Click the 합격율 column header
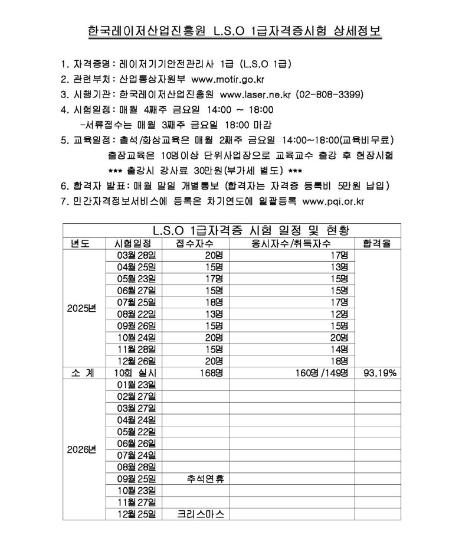tap(378, 243)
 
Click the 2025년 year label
tap(83, 308)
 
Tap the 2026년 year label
tap(83, 449)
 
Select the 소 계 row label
tap(83, 373)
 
